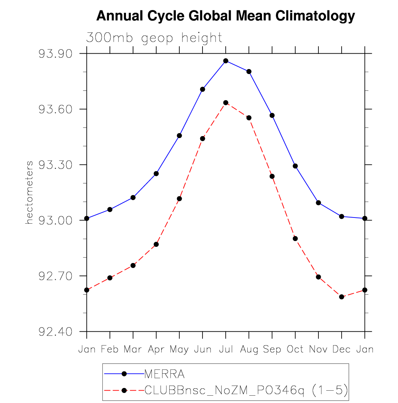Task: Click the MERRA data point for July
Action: coord(226,61)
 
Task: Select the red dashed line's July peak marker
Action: coord(226,103)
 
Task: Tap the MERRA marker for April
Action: coord(156,174)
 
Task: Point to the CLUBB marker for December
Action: coord(342,297)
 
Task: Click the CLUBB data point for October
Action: coord(295,238)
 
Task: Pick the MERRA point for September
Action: coord(272,115)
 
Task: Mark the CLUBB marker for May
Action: coord(179,199)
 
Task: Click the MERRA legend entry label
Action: coord(164,374)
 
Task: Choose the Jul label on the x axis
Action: coord(226,349)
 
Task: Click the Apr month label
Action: coord(156,350)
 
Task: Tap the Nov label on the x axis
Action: coord(318,349)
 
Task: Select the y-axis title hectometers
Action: coord(29,193)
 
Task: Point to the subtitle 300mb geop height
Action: coord(154,38)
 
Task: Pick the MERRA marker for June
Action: coord(202,89)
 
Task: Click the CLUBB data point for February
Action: coord(110,278)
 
